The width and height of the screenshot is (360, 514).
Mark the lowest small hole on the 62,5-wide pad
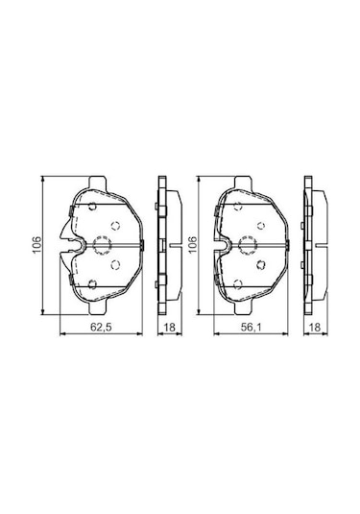[93, 282]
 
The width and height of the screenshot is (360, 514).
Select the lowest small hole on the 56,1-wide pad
[239, 282]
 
